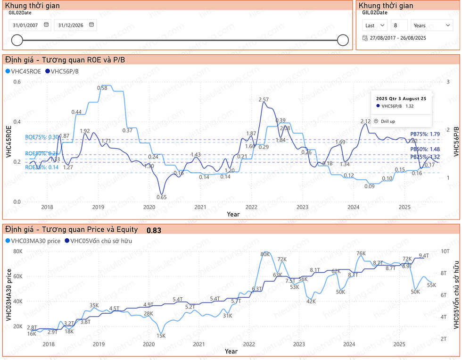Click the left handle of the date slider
tap(17, 40)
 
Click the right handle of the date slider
tap(343, 40)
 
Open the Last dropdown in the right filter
tap(375, 25)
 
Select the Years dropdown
tap(432, 25)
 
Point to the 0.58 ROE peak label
tap(102, 88)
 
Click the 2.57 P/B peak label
tap(264, 100)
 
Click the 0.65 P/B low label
tap(161, 197)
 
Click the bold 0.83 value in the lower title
tap(154, 231)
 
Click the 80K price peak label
tap(265, 254)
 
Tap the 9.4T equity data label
tap(423, 255)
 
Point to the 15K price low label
tap(161, 336)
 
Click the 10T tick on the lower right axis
tap(445, 251)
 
